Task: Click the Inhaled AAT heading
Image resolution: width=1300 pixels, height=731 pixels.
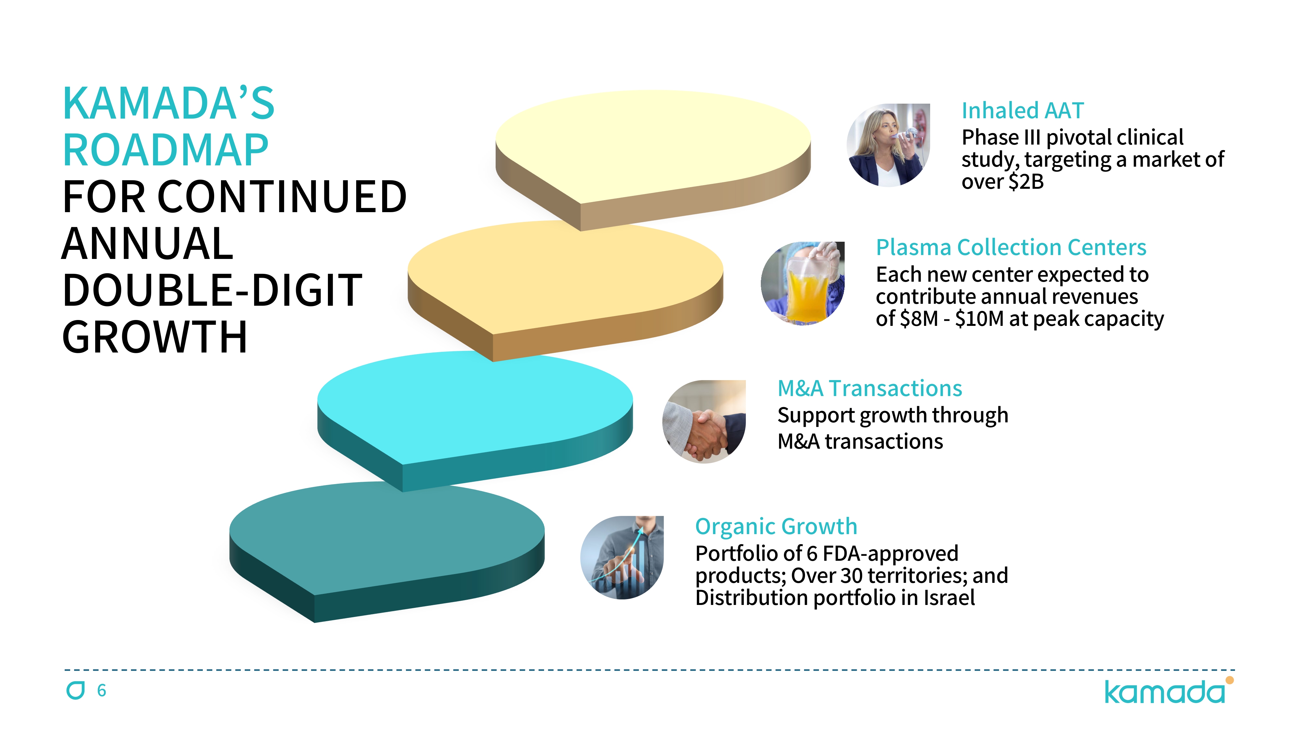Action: (x=1022, y=110)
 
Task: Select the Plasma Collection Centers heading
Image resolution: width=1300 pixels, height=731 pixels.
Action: (x=1011, y=248)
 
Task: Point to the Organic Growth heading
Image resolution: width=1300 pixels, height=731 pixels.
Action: (x=776, y=527)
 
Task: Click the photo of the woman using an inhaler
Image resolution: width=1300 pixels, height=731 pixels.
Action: (x=888, y=145)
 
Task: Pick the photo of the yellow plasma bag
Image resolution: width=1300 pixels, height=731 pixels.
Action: (x=802, y=284)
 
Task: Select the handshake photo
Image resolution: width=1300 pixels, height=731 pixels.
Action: (x=704, y=422)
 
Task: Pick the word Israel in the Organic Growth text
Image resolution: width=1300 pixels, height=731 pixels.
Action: (x=949, y=598)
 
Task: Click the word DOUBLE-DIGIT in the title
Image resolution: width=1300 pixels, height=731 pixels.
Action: (x=212, y=290)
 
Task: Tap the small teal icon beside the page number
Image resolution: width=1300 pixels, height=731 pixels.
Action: (x=76, y=690)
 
